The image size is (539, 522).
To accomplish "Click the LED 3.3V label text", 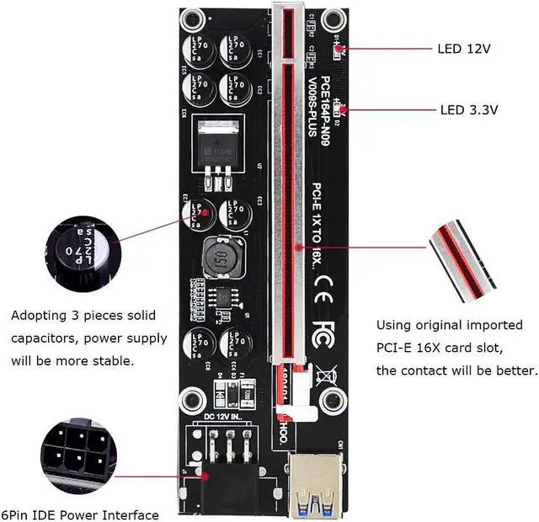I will tap(469, 109).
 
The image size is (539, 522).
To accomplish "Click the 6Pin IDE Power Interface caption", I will tap(81, 514).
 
